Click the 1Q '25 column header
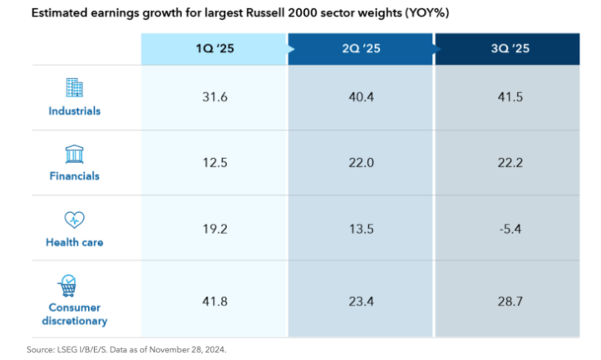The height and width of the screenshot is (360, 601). [x=214, y=49]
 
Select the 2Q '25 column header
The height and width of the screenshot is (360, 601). [x=361, y=49]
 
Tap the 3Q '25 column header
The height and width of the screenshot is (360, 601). [x=510, y=49]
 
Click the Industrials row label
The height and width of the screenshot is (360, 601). [x=74, y=111]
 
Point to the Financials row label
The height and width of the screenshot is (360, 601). [x=74, y=176]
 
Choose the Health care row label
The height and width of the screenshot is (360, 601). [x=74, y=242]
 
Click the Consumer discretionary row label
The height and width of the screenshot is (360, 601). [x=74, y=314]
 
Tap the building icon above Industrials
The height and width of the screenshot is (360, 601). [x=74, y=87]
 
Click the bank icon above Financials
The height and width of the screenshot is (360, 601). [x=74, y=154]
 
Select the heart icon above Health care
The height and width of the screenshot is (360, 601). [x=74, y=219]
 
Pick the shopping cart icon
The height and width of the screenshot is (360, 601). [x=67, y=286]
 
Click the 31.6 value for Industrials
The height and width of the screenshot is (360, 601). [x=214, y=97]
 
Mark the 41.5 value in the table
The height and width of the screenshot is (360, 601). [x=510, y=97]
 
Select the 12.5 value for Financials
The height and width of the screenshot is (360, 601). [x=214, y=163]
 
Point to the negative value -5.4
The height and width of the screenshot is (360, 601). [x=510, y=229]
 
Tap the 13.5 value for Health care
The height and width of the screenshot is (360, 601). [x=361, y=229]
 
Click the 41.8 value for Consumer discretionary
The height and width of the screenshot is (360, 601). [x=214, y=301]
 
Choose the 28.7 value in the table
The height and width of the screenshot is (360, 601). [x=510, y=301]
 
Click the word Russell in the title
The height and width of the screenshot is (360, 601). [x=265, y=12]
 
